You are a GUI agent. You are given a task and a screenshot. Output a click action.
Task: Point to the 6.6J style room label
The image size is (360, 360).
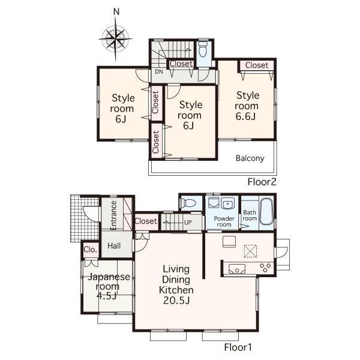click(247, 106)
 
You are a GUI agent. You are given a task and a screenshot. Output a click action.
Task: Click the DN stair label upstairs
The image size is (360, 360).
click(159, 72)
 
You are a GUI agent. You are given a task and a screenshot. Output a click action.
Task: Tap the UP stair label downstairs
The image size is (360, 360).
click(188, 222)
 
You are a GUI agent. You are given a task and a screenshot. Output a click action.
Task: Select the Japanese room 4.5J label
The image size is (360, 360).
click(109, 287)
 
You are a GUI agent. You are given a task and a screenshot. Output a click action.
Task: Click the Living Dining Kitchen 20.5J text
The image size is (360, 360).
click(176, 285)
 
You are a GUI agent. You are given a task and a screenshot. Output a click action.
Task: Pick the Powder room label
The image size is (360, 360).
click(223, 221)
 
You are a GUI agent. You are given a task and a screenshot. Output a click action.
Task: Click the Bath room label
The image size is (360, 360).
click(250, 215)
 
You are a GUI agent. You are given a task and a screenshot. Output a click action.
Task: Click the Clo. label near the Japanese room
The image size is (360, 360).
click(90, 250)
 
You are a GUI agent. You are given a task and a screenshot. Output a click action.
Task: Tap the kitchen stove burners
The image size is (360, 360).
click(264, 267)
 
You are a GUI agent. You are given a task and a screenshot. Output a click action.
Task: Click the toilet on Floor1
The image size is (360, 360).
click(188, 203)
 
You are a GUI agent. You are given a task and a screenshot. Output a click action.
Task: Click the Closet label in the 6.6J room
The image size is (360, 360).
click(256, 65)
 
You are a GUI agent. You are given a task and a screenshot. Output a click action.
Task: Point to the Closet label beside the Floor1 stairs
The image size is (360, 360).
click(146, 221)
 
